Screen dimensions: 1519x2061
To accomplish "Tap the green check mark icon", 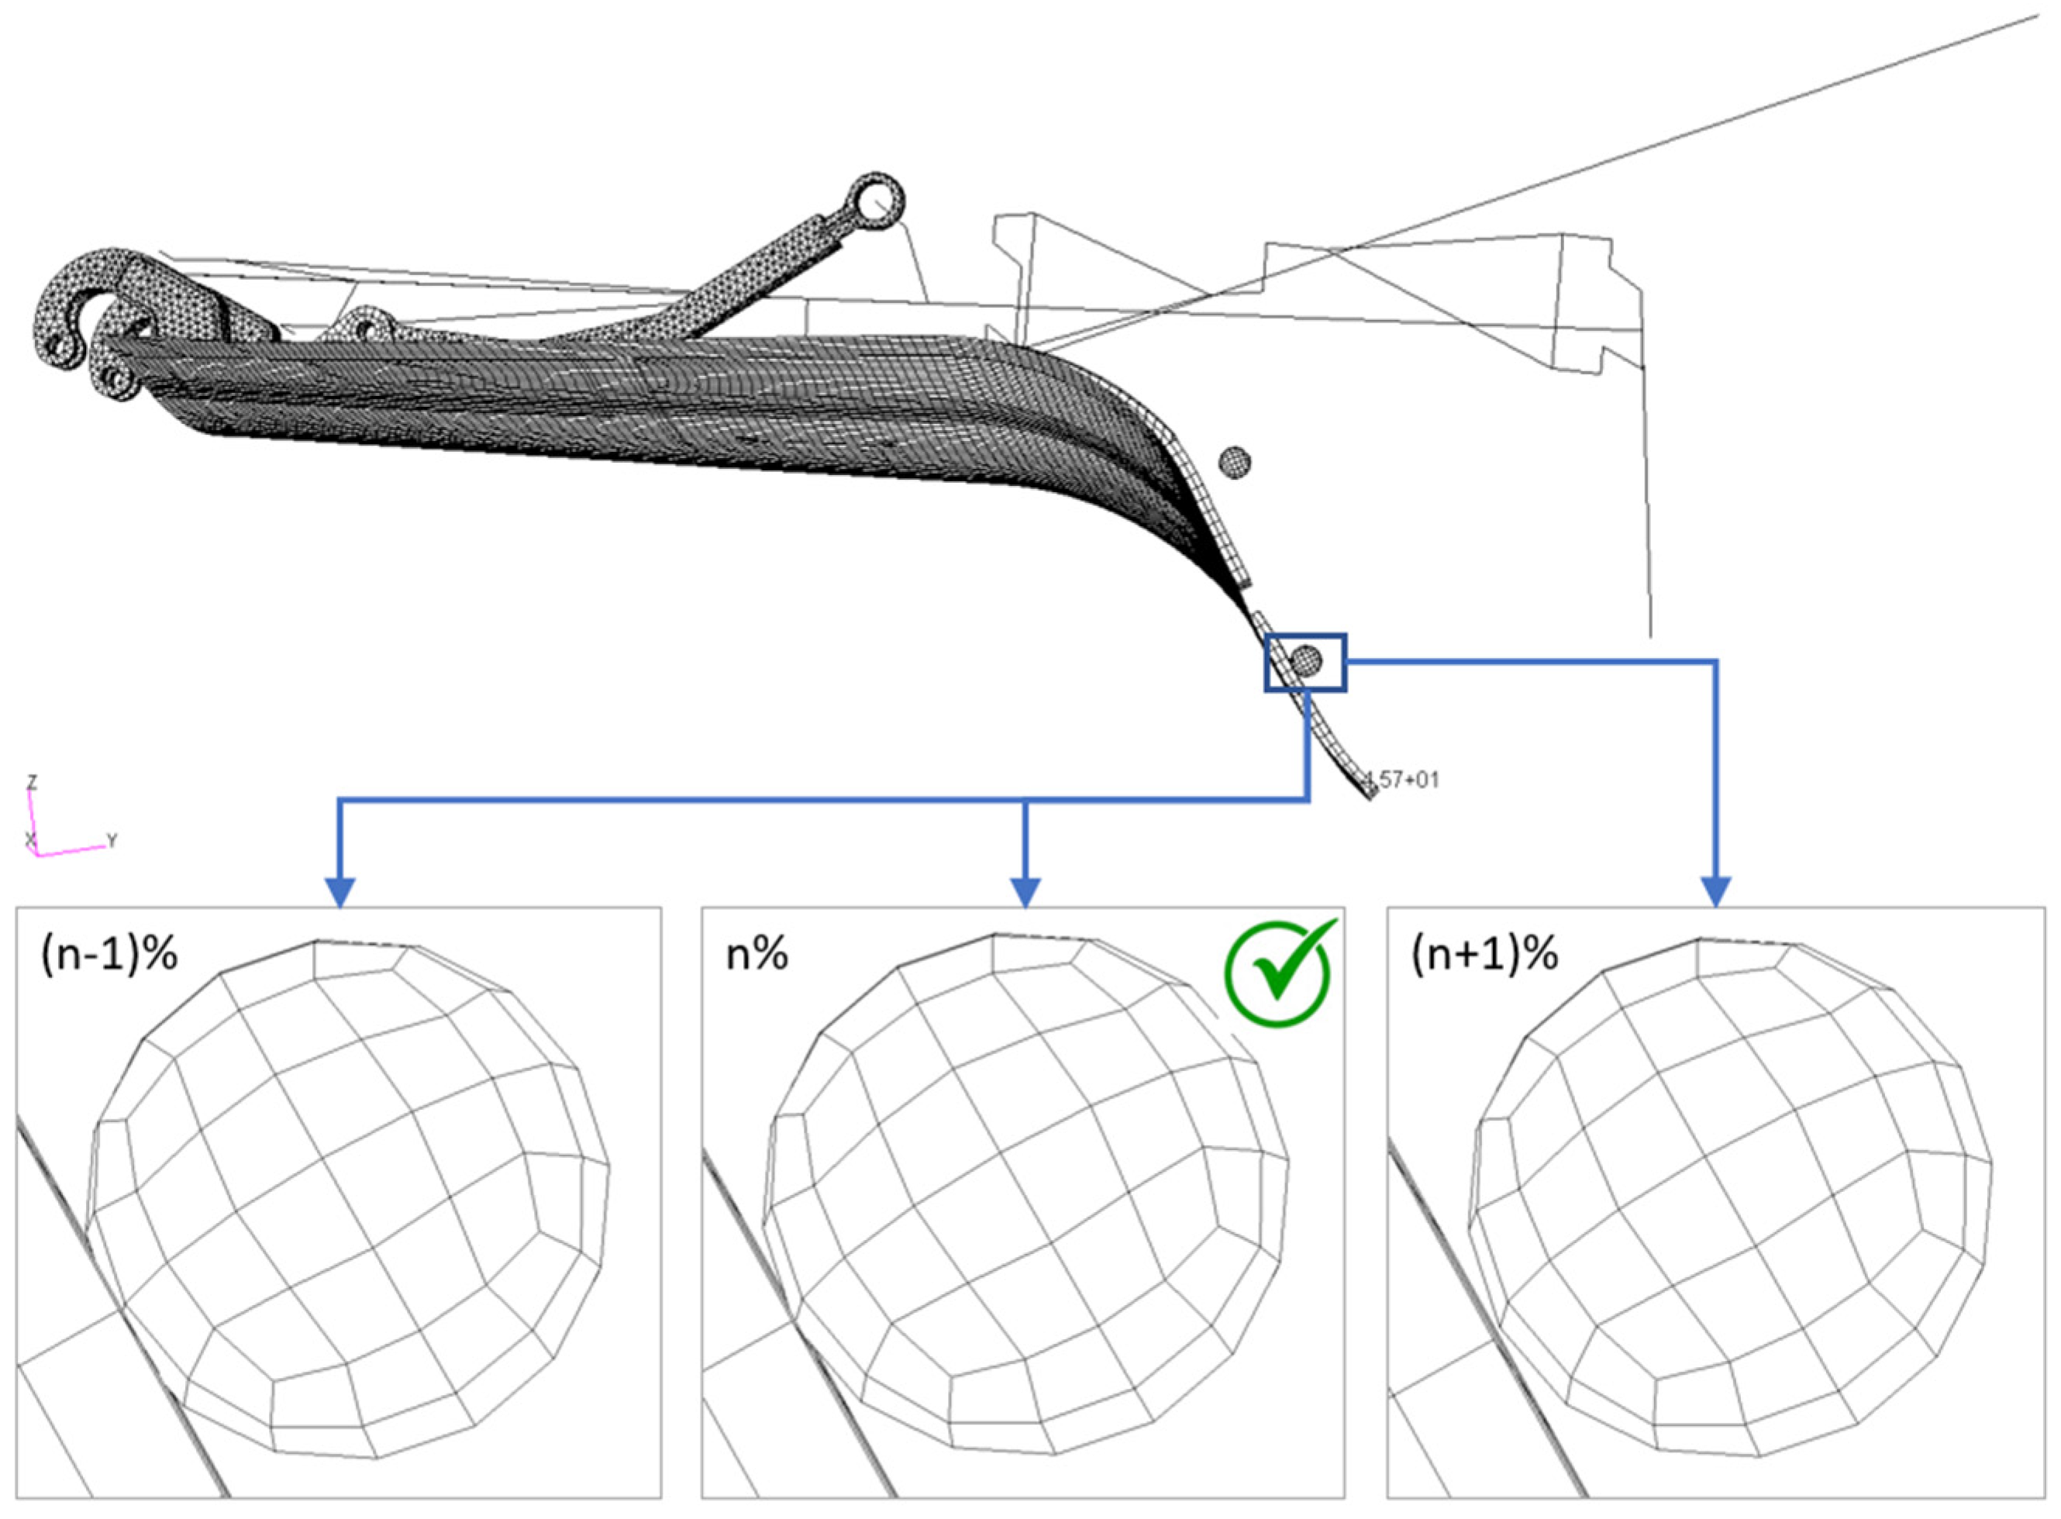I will (1277, 972).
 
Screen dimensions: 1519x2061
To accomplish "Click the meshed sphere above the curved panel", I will (1234, 462).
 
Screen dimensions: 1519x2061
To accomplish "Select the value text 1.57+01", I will (1401, 780).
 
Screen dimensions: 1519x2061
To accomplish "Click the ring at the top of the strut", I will (877, 199).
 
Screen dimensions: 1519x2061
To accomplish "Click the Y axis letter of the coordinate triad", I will (112, 839).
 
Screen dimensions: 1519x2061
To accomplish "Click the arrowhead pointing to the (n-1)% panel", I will (340, 891).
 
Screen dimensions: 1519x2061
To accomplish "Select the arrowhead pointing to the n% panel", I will (1025, 891).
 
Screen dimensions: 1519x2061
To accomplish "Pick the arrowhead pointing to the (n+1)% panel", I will (1716, 891).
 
